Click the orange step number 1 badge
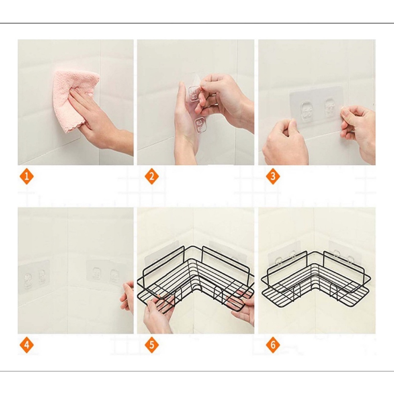click(x=27, y=176)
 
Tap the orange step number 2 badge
click(x=152, y=176)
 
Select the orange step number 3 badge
click(x=273, y=176)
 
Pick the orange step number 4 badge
click(x=27, y=345)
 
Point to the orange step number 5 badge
click(x=152, y=345)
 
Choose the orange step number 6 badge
click(x=273, y=345)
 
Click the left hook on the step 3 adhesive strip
click(x=306, y=109)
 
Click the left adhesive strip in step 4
click(x=34, y=277)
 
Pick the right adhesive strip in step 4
click(x=103, y=274)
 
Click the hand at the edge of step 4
click(x=127, y=297)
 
